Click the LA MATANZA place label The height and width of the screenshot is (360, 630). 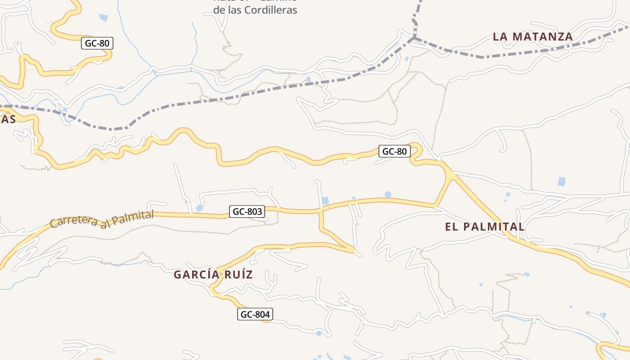[x=533, y=37]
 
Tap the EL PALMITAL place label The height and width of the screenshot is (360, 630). [x=485, y=227]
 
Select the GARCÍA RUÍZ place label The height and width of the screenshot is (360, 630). [x=213, y=274]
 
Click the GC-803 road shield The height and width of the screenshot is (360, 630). [x=247, y=211]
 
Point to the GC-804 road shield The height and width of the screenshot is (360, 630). [x=255, y=315]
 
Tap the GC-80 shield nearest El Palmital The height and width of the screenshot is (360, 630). [x=394, y=152]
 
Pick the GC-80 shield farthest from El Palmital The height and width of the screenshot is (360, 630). [x=97, y=44]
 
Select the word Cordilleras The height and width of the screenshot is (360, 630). [x=269, y=10]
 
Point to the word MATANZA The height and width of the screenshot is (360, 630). [x=543, y=37]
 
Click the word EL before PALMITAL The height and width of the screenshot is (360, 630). [x=451, y=227]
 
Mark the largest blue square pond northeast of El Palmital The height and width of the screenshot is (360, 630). [x=562, y=181]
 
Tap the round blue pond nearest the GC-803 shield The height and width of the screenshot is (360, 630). [x=199, y=208]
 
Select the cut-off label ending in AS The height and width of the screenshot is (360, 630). [x=8, y=119]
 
